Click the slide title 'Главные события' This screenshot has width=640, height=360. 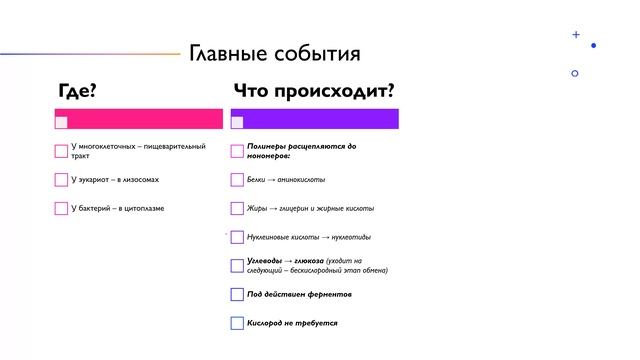tap(275, 53)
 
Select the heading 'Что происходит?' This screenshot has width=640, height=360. tap(313, 92)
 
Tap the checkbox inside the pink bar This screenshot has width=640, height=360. tap(61, 122)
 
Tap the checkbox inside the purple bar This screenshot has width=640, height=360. tap(237, 122)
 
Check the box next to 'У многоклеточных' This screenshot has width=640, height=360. tap(61, 151)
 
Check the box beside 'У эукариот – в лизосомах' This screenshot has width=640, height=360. tap(61, 180)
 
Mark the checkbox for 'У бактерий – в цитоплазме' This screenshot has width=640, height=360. tap(61, 208)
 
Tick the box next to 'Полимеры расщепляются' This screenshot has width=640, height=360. tap(237, 151)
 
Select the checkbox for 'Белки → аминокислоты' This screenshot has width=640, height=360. tap(237, 180)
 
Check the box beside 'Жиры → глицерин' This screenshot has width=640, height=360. tap(237, 208)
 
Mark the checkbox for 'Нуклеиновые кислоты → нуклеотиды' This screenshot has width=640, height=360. tap(237, 237)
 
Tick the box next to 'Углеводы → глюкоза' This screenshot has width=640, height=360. tap(237, 265)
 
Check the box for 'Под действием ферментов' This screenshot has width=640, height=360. tap(237, 294)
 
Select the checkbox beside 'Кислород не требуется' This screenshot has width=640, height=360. tap(237, 323)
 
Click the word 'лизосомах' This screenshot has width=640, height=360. tap(139, 180)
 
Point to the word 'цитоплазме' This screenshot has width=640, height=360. tap(144, 208)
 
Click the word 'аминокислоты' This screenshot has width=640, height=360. tap(302, 180)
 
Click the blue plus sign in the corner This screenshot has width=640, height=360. tap(576, 35)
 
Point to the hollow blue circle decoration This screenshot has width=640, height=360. tap(574, 73)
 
